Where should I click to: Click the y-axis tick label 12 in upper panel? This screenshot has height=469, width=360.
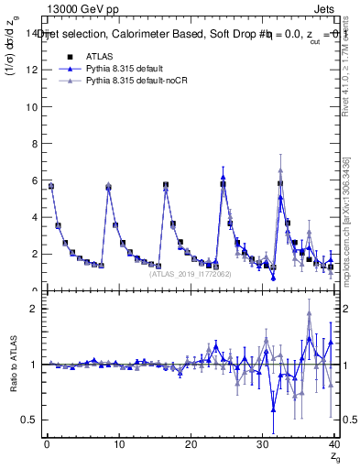click(32, 70)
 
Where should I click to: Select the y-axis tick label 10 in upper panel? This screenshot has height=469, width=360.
click(32, 106)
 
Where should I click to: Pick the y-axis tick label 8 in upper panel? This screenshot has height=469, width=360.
click(35, 143)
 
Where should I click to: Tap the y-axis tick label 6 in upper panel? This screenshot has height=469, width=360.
click(35, 180)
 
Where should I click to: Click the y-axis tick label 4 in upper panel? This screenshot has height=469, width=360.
click(35, 217)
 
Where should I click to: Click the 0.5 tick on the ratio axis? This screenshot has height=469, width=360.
click(30, 420)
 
